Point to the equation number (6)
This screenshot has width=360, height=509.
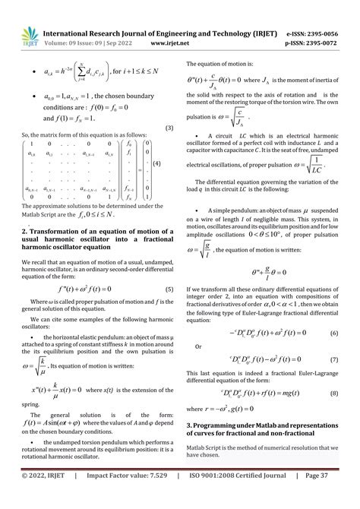[x=333, y=333]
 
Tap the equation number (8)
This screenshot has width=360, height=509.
[x=333, y=392]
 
